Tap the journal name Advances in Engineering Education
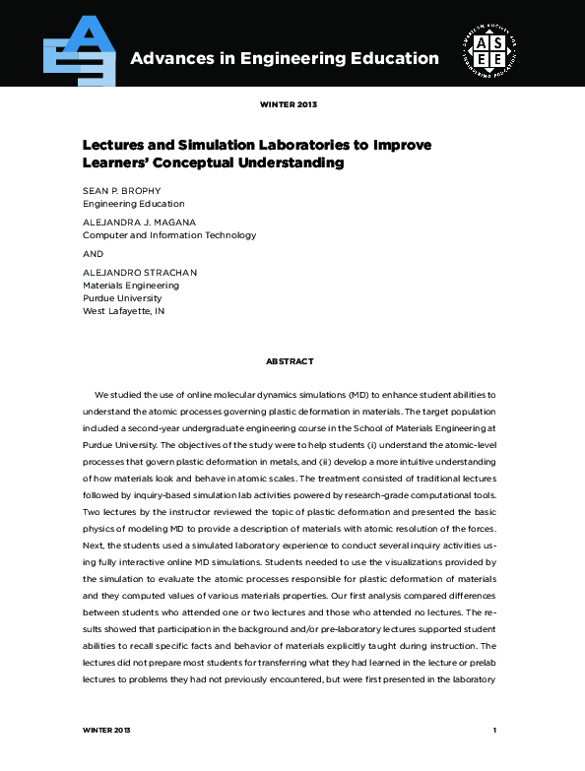pyautogui.click(x=285, y=58)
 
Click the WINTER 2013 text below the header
pyautogui.click(x=289, y=103)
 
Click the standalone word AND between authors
pyautogui.click(x=93, y=252)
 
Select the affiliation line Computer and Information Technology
pyautogui.click(x=169, y=235)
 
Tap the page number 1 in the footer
pyautogui.click(x=494, y=730)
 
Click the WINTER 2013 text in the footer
pyautogui.click(x=106, y=730)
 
